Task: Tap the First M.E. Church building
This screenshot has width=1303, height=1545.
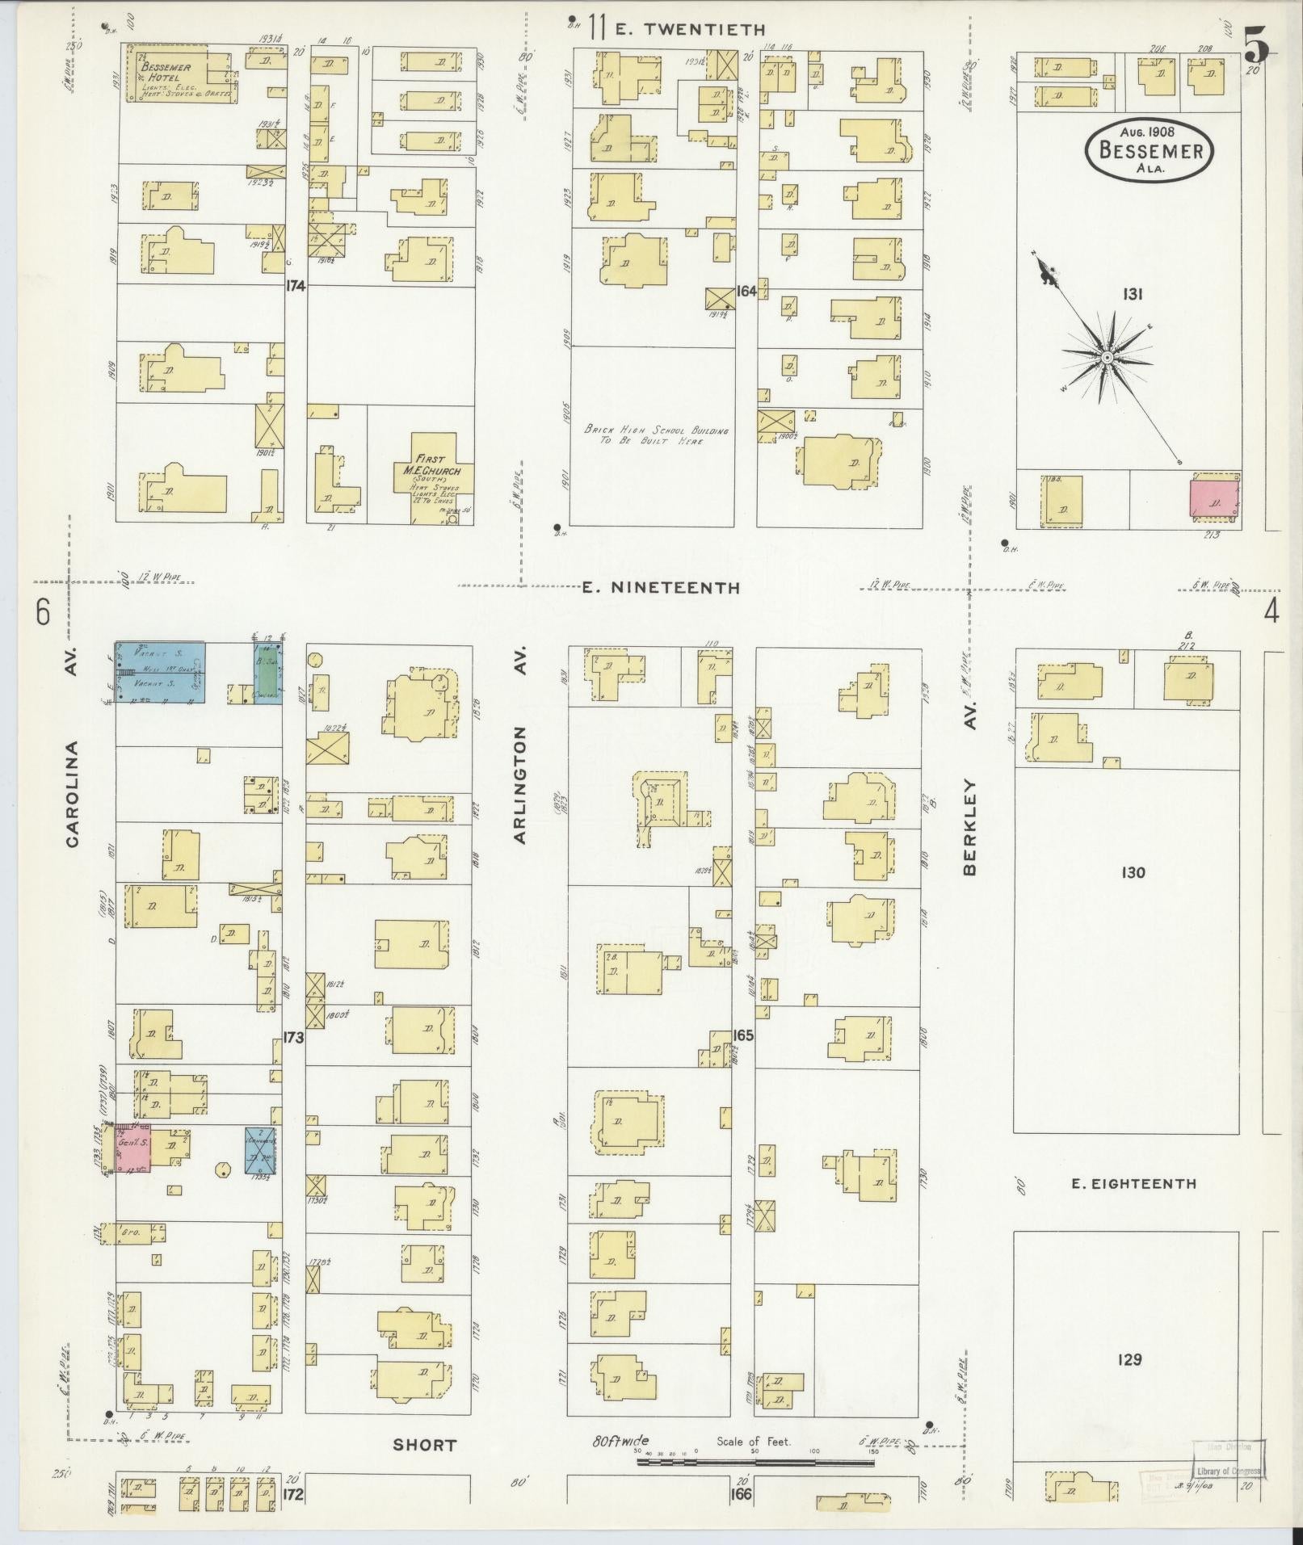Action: click(x=431, y=477)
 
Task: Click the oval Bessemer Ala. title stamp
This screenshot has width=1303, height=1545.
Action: click(x=1150, y=150)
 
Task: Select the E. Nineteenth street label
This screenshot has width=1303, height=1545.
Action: click(x=661, y=588)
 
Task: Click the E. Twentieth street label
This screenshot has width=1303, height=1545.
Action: click(x=689, y=30)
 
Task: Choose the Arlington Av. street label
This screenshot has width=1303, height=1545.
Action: click(x=519, y=783)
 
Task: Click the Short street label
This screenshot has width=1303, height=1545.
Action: click(x=424, y=1446)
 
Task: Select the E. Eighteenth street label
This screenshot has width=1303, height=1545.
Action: click(x=1133, y=1185)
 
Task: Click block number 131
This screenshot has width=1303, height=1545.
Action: click(x=1131, y=295)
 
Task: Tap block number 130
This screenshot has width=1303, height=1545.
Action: click(x=1133, y=872)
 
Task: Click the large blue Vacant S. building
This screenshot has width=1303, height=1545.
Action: click(x=159, y=672)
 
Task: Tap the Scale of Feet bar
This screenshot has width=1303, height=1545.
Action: click(x=755, y=1462)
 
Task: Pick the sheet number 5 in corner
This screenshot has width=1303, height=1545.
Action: click(x=1255, y=44)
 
